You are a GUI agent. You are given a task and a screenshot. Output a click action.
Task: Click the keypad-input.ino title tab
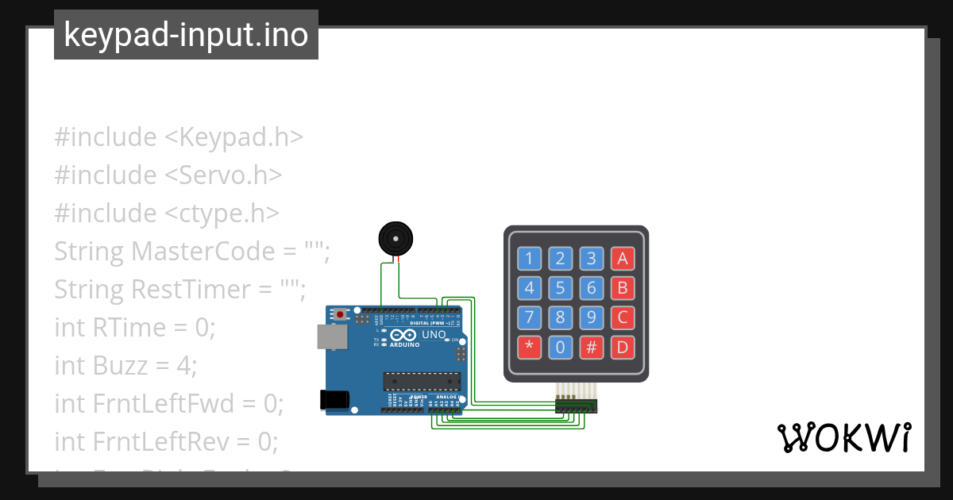186,35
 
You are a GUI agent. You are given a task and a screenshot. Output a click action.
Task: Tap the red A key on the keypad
623,258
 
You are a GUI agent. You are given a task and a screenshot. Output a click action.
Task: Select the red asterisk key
530,347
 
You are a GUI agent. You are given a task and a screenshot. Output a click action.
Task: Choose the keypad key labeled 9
592,317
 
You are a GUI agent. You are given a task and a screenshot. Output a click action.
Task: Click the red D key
623,347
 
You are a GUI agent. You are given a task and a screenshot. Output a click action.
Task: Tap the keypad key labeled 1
530,258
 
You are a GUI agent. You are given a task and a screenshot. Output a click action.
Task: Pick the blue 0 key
561,347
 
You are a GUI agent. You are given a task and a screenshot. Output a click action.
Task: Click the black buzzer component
395,238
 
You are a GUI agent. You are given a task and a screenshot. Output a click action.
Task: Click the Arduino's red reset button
341,314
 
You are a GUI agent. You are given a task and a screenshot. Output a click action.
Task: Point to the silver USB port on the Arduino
331,337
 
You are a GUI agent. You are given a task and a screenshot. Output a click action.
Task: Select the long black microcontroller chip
422,381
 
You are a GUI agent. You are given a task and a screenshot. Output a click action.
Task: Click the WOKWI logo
843,438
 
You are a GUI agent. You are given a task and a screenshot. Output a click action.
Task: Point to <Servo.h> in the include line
223,175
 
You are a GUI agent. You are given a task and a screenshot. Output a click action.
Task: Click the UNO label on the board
434,335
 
